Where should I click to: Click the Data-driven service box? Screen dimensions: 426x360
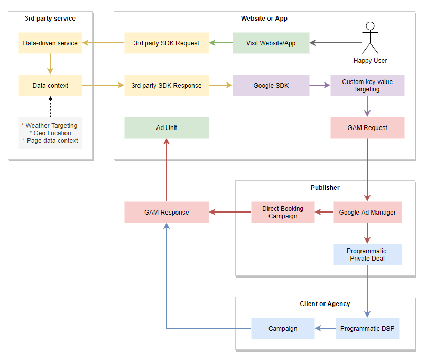tap(50, 43)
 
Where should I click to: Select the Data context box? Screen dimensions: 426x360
tap(50, 85)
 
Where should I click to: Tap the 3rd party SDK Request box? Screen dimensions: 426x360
tap(166, 43)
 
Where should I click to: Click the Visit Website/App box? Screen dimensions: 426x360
tap(271, 43)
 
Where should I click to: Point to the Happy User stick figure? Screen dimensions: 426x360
tap(370, 38)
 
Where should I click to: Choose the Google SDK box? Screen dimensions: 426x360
tap(271, 85)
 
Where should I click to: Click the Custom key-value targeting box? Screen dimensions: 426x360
tap(367, 85)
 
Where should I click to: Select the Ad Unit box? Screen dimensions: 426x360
tap(166, 128)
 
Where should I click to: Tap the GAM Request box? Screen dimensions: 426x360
tap(367, 128)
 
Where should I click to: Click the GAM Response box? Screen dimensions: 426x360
tap(166, 212)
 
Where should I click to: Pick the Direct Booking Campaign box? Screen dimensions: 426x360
tap(283, 212)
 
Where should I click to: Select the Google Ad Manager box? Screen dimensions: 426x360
tap(367, 212)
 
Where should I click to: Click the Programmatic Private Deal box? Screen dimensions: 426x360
tap(367, 255)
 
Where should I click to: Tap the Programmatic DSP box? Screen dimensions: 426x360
tap(367, 328)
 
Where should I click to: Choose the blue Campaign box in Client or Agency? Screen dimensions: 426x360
tap(283, 328)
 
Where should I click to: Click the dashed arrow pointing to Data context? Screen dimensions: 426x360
tap(50, 107)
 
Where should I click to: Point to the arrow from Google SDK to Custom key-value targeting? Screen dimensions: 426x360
tap(320, 85)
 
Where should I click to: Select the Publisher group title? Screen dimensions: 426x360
tap(325, 188)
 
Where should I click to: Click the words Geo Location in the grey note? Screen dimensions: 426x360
tap(52, 133)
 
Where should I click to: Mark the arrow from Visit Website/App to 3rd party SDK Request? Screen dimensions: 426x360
tap(221, 43)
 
